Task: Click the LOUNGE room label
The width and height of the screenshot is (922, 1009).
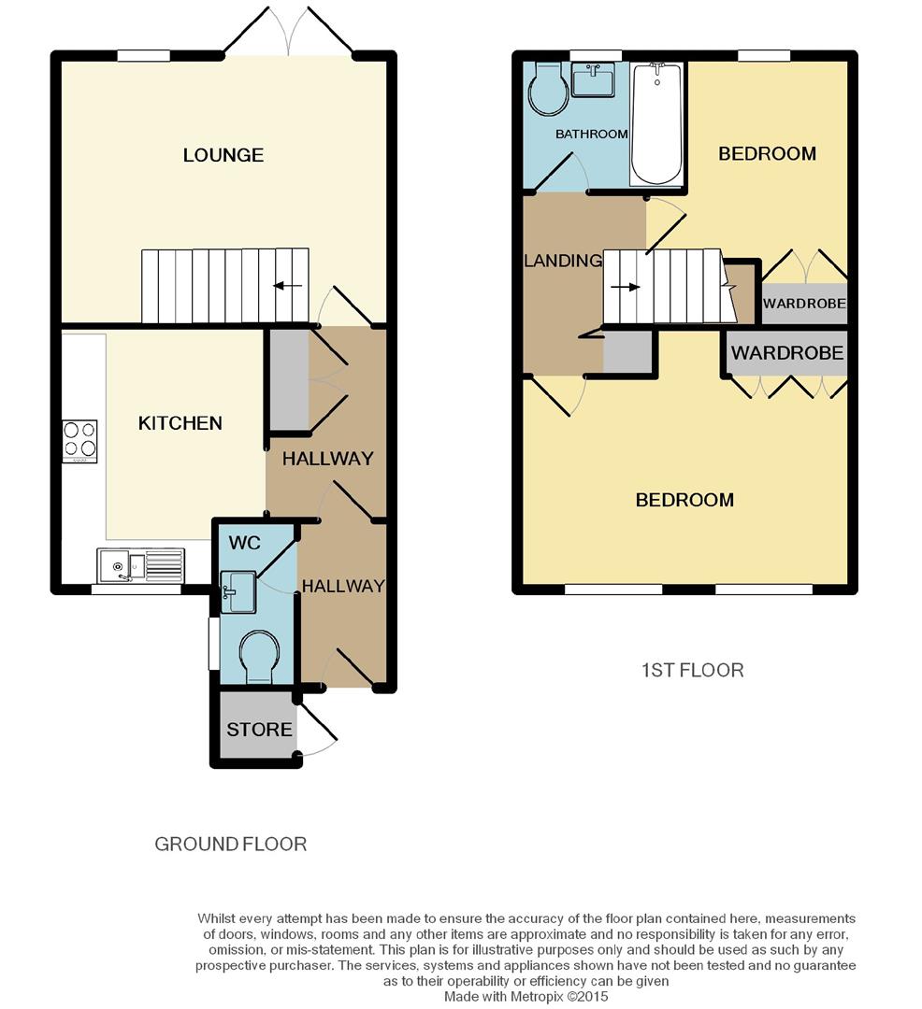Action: pos(223,155)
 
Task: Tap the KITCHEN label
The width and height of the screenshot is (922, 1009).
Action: pos(180,423)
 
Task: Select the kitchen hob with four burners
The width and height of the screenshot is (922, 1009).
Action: pos(79,440)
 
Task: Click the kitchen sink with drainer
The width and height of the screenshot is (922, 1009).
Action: pos(141,566)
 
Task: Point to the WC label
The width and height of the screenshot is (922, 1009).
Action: pos(245,543)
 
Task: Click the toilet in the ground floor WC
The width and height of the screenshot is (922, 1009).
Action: pos(257,654)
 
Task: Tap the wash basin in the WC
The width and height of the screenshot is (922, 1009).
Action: pos(238,591)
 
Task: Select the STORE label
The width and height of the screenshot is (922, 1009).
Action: pos(259,729)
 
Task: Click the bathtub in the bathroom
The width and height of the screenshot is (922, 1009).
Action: pos(657,123)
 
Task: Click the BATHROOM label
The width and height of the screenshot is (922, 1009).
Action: pos(591,135)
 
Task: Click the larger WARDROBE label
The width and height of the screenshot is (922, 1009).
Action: pos(786,353)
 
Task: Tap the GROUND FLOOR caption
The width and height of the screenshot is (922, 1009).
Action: pos(230,844)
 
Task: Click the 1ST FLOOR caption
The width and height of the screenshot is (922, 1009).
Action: pos(692,670)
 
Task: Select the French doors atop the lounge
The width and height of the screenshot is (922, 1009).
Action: pos(289,34)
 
